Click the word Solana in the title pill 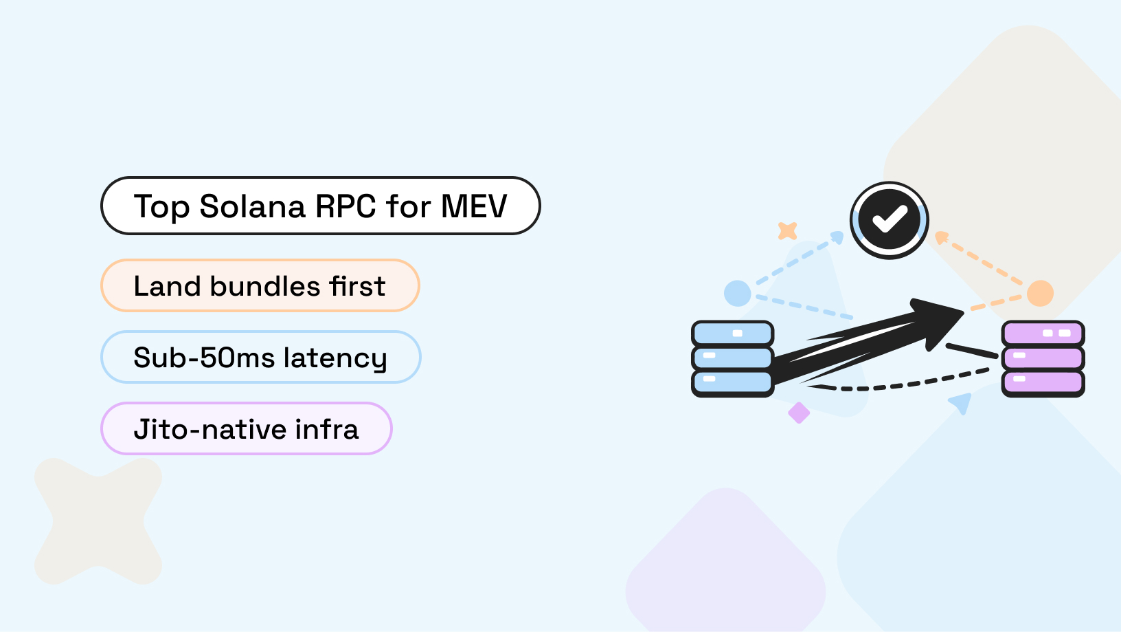coord(252,206)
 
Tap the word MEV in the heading coord(474,206)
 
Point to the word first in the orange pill coord(357,286)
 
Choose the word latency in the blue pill coord(335,358)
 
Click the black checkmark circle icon coord(890,220)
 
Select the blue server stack coord(732,358)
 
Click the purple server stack coord(1043,358)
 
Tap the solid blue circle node coord(737,294)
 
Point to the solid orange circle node coord(1040,293)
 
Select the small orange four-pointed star coord(787,230)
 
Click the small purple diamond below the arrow coord(799,413)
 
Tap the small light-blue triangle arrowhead coord(961,402)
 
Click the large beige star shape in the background coord(98,521)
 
